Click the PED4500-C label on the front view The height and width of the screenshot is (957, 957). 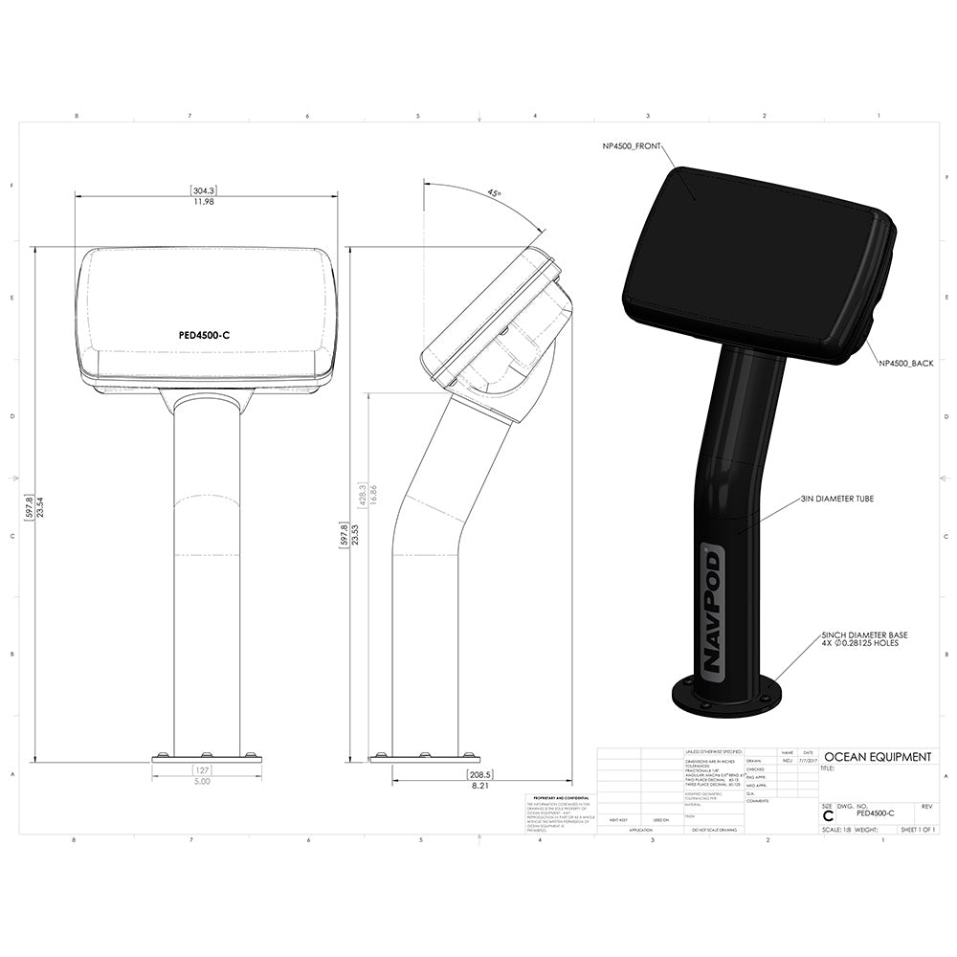[x=205, y=335]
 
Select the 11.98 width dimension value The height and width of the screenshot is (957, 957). [x=203, y=202]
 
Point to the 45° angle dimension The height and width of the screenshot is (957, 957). [x=494, y=192]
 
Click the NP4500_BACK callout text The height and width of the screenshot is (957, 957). [x=906, y=364]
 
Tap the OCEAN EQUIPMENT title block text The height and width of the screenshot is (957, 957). [x=877, y=757]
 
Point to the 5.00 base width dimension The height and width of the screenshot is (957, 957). [x=203, y=781]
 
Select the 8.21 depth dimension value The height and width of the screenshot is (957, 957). [x=479, y=784]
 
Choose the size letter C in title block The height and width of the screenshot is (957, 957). [x=828, y=815]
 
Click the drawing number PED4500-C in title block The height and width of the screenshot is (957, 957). [x=876, y=813]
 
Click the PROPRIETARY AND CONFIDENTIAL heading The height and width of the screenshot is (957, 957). [x=559, y=797]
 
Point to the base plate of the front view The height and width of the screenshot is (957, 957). [x=207, y=758]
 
